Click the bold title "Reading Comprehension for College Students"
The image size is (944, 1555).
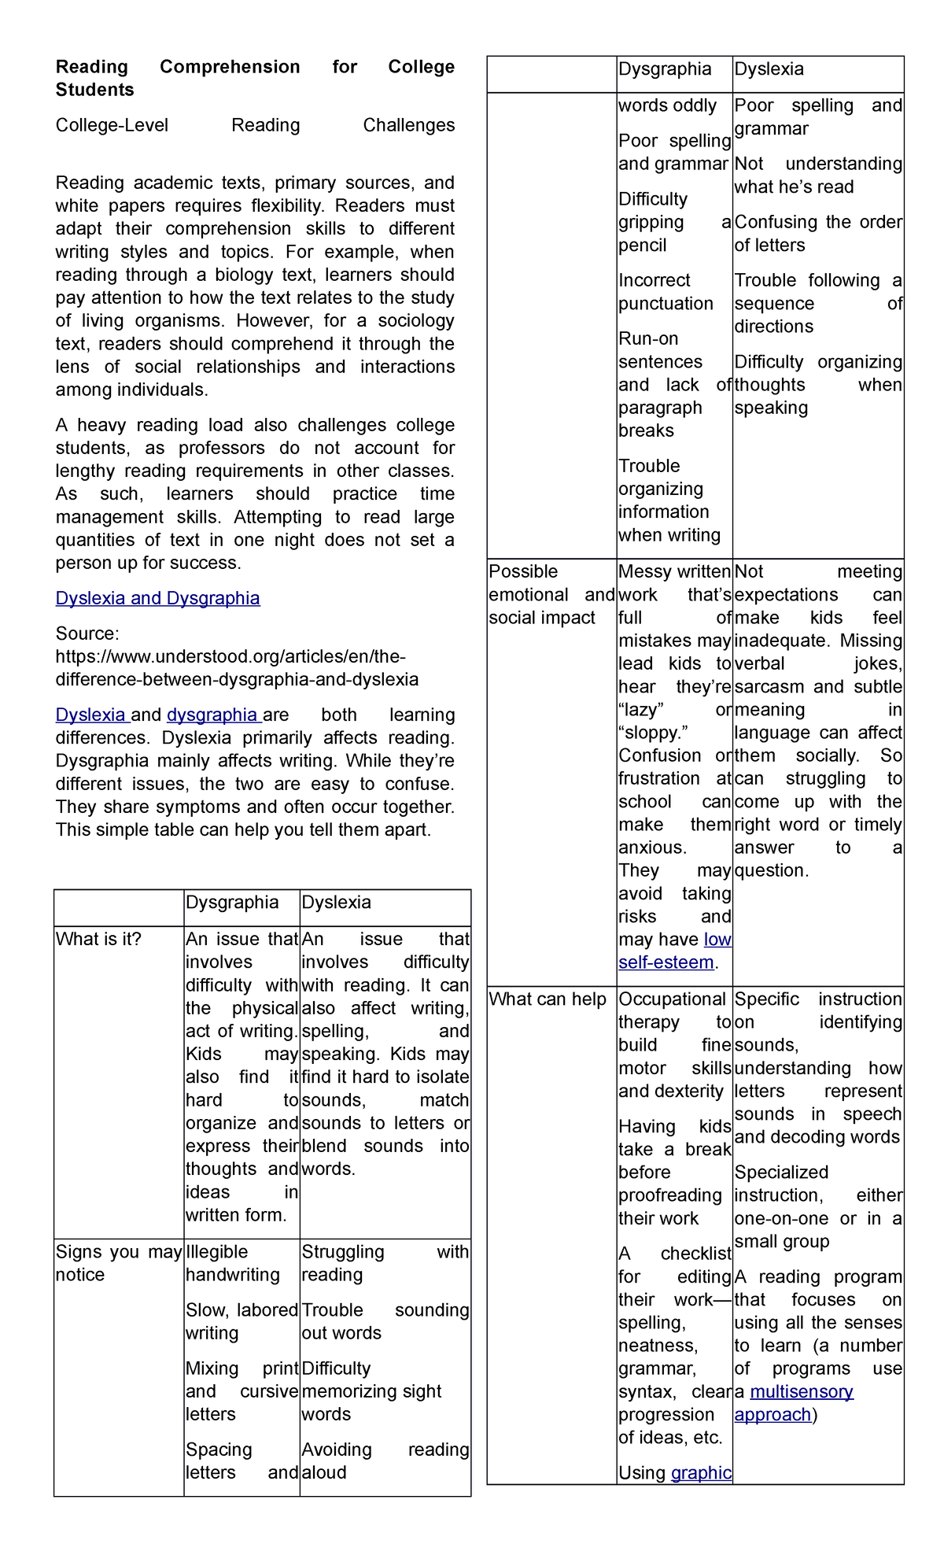coord(254,78)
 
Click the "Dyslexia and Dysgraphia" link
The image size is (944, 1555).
coord(157,598)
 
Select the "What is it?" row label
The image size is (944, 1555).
coord(98,939)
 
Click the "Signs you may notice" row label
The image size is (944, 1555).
coord(118,1263)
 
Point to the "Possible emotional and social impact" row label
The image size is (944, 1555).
coord(551,595)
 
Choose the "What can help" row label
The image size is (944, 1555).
coord(548,999)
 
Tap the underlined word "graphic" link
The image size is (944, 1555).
coord(701,1472)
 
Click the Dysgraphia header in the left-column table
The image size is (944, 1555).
coord(232,902)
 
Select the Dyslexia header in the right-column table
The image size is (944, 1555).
coord(769,69)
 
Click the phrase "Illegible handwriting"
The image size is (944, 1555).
coord(232,1263)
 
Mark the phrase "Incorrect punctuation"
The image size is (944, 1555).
coord(666,292)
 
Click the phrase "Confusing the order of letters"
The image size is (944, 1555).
coord(817,234)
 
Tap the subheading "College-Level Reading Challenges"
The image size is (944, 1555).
coord(254,125)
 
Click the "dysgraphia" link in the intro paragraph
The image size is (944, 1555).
coord(212,715)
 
